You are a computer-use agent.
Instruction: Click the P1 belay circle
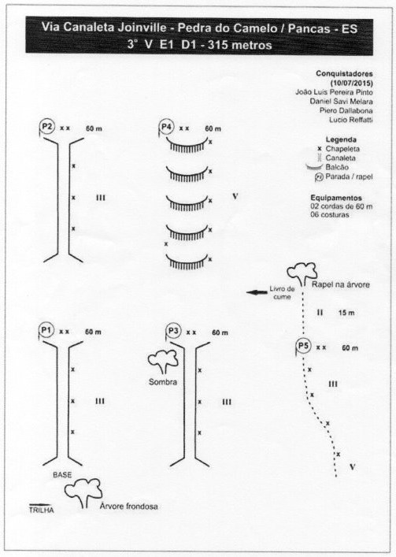coord(46,330)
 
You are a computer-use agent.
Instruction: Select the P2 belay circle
coord(47,126)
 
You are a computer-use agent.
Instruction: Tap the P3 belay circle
coord(173,331)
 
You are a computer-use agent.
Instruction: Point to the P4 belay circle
coord(166,127)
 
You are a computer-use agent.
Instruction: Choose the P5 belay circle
coord(304,346)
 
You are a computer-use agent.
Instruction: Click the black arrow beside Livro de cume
coord(257,292)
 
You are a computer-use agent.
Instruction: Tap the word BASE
coord(62,474)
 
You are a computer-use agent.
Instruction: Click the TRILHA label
coord(41,510)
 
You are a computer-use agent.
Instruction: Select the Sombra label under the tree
coord(163,382)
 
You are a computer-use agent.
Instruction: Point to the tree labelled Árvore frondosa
coord(83,492)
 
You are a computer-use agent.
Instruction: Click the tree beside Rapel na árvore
coord(302,273)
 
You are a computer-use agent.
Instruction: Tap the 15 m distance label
coord(346,313)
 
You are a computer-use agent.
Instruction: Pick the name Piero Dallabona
coord(346,110)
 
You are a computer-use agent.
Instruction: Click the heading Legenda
coord(341,139)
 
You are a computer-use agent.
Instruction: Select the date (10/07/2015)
coord(352,84)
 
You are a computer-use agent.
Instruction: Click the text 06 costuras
coord(330,214)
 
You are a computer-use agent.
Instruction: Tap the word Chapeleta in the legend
coord(342,149)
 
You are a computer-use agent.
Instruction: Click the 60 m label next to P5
coord(350,348)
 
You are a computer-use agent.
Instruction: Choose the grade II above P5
coord(320,313)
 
